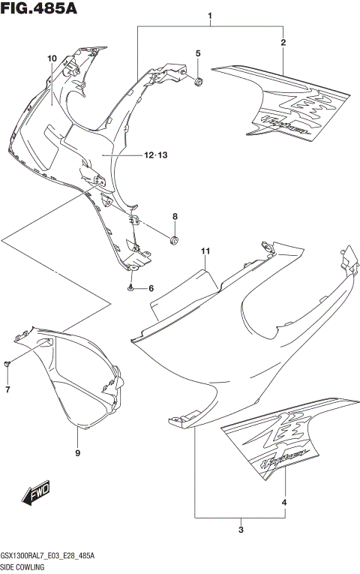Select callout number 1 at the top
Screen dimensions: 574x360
[x=211, y=16]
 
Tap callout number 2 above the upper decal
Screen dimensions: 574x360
[x=283, y=42]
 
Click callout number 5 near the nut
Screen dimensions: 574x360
[x=199, y=53]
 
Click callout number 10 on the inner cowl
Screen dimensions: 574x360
[x=52, y=59]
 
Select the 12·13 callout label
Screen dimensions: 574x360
[x=155, y=155]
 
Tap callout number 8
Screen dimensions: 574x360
[x=175, y=217]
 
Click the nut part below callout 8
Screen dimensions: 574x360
[x=175, y=240]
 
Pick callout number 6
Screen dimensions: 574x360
[x=150, y=289]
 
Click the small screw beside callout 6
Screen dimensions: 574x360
[x=131, y=288]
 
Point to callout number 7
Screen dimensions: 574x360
[x=7, y=389]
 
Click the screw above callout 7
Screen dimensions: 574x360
[x=7, y=364]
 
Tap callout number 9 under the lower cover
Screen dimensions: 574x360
[x=77, y=453]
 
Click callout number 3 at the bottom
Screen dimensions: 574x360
[x=241, y=531]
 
